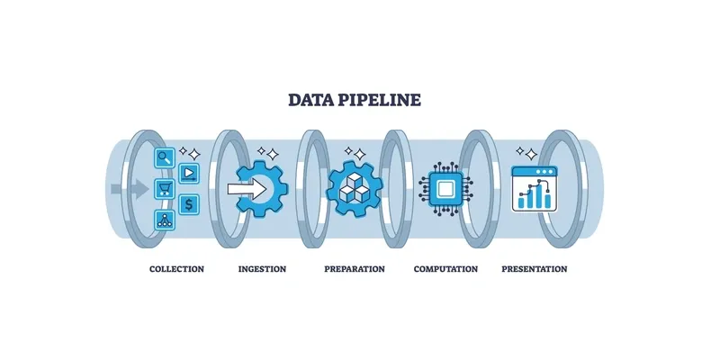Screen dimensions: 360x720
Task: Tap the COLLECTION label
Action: point(176,269)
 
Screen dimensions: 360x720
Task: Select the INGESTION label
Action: point(262,269)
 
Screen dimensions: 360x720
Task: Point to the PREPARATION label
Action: point(354,269)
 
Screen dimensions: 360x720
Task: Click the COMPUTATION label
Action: point(445,269)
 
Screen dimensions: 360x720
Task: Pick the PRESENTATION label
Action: point(535,269)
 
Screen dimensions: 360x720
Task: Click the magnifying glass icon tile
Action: point(165,158)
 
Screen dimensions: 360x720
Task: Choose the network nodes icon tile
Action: point(165,219)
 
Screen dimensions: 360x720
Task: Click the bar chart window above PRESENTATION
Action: point(535,188)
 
